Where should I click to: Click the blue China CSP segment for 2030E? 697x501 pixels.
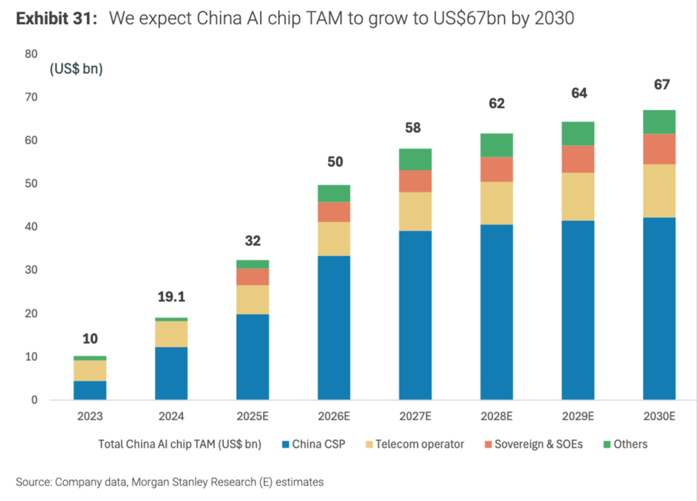[x=659, y=309]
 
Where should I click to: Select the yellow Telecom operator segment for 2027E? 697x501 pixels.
[x=415, y=211]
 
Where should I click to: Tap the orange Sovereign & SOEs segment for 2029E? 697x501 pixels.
[x=578, y=159]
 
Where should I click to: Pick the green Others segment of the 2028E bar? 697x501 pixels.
[x=496, y=145]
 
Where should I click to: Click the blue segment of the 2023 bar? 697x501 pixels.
[x=90, y=390]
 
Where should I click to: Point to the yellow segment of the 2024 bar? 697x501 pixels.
[x=171, y=334]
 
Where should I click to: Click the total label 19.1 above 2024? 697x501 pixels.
[x=171, y=297]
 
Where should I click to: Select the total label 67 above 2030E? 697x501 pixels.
[x=662, y=85]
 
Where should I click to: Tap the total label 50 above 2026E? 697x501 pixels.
[x=335, y=161]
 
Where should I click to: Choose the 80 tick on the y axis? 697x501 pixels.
[x=31, y=54]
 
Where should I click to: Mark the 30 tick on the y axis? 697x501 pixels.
[x=31, y=270]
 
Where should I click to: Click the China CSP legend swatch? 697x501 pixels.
[x=285, y=444]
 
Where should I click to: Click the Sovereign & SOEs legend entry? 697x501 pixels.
[x=538, y=444]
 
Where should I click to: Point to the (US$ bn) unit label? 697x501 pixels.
[x=76, y=68]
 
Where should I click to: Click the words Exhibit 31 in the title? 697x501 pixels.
[x=56, y=19]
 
